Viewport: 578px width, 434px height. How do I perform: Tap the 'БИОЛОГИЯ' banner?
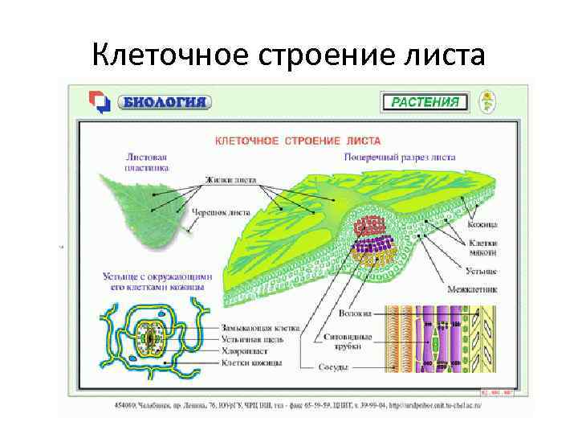pyautogui.click(x=165, y=102)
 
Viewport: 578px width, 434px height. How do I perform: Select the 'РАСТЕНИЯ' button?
pyautogui.click(x=425, y=102)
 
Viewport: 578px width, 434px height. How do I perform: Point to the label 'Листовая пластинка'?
pyautogui.click(x=147, y=164)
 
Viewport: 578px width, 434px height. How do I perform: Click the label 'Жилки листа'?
pyautogui.click(x=230, y=180)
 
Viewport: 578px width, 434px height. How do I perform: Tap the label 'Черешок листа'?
pyautogui.click(x=218, y=213)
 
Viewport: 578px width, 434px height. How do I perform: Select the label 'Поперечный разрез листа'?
pyautogui.click(x=399, y=158)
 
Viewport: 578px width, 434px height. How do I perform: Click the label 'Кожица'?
pyautogui.click(x=484, y=225)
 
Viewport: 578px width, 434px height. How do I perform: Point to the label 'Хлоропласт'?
pyautogui.click(x=245, y=351)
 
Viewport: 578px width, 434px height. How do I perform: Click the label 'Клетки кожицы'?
pyautogui.click(x=251, y=362)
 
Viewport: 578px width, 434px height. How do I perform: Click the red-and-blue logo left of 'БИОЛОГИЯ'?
pyautogui.click(x=99, y=102)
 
